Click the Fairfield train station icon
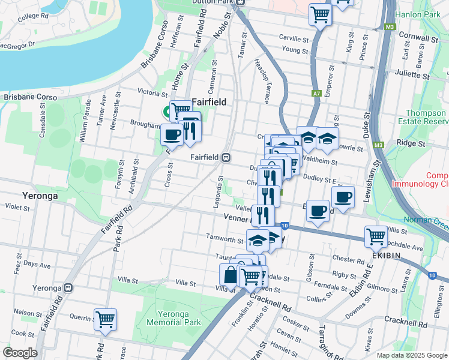tap(226, 158)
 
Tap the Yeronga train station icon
tap(69, 287)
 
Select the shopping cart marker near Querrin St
tap(106, 319)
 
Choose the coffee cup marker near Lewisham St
tap(343, 197)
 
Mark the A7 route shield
tap(316, 94)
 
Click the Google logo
tap(20, 352)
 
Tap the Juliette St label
tap(413, 74)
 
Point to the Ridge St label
tap(411, 143)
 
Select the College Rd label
tap(29, 17)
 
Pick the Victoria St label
tap(152, 93)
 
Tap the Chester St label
tap(345, 259)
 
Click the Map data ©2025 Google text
tap(412, 355)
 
